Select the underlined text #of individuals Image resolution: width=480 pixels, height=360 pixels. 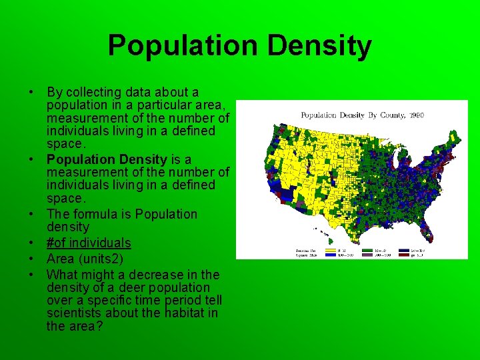coord(89,243)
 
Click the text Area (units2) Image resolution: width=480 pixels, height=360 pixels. coord(85,259)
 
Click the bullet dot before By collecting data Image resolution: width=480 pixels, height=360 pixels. coord(31,92)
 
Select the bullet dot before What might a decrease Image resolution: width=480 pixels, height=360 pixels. coord(31,275)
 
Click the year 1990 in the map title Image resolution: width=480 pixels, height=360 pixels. coord(417,115)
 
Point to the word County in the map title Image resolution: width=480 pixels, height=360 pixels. coord(393,115)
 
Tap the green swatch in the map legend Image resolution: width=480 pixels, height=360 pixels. coord(368,251)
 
